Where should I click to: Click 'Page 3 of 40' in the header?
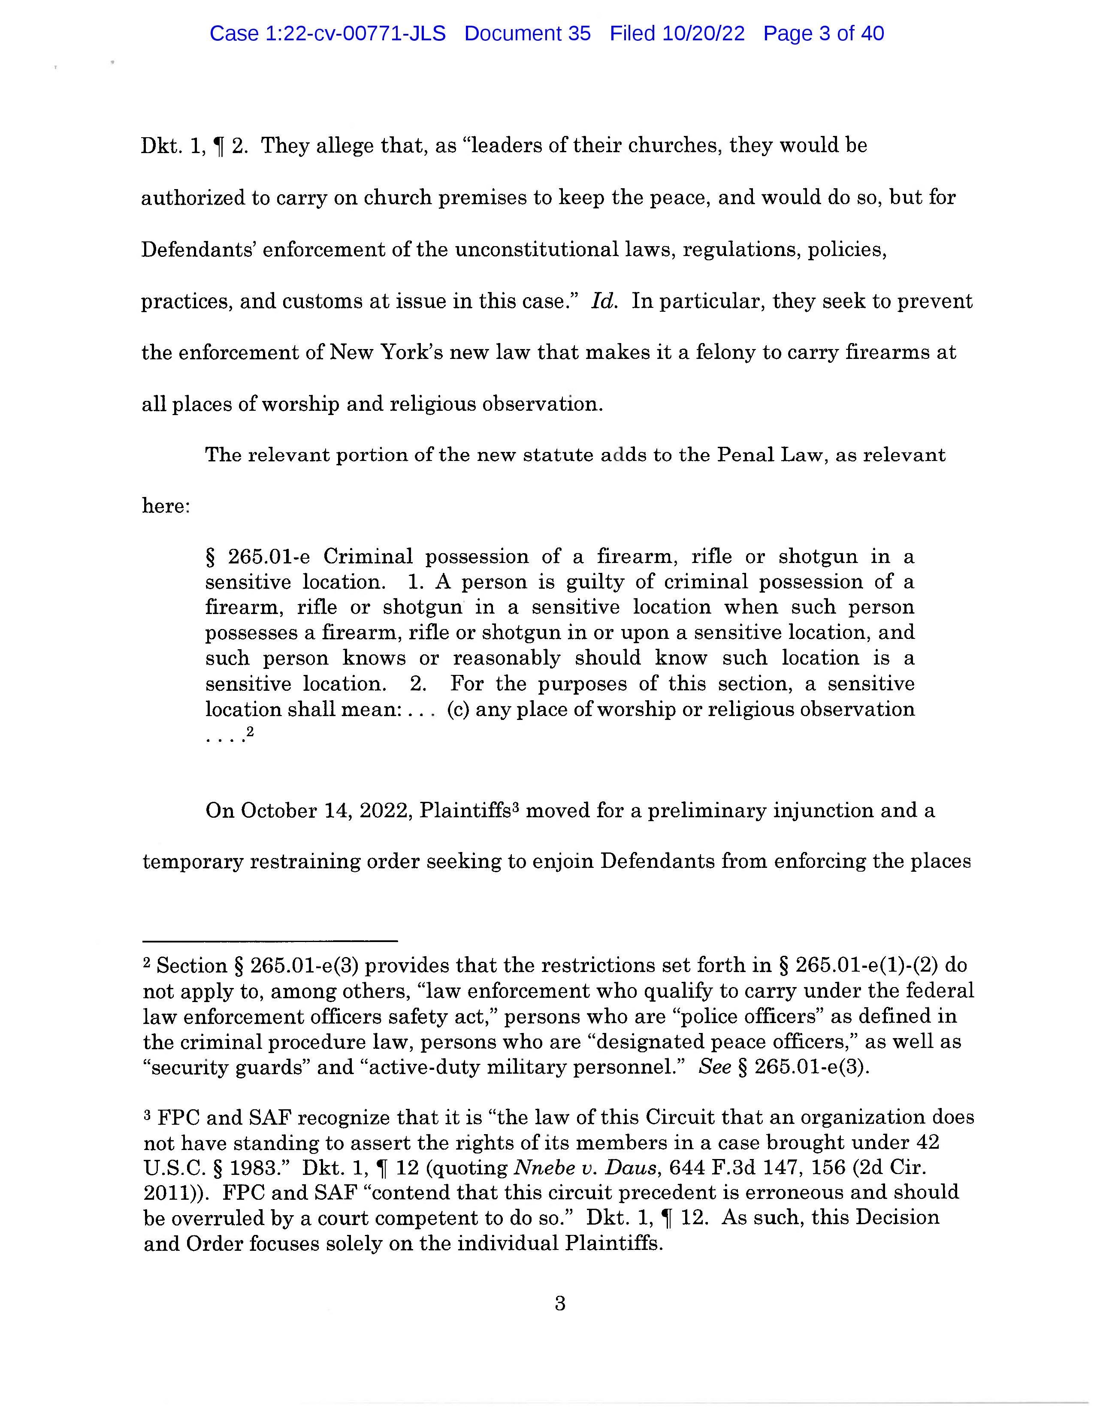coord(823,34)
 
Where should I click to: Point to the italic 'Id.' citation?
coord(603,301)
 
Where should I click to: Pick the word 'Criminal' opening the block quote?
coord(368,557)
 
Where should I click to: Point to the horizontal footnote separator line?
coord(269,941)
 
